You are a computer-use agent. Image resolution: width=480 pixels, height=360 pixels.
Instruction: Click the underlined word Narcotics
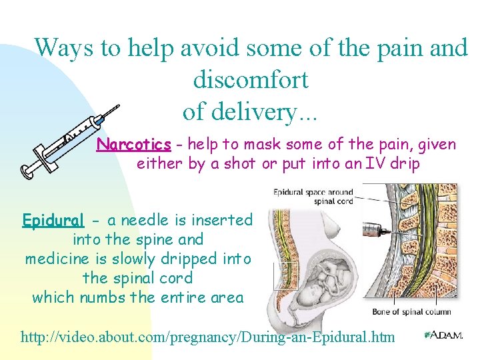pos(134,145)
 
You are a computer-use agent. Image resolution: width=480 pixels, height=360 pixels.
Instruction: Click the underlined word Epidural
pos(53,220)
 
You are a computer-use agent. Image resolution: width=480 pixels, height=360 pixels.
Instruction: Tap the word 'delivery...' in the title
pos(250,111)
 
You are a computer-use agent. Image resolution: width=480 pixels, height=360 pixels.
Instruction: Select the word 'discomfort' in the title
pos(250,80)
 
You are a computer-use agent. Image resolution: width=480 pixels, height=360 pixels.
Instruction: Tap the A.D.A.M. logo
pos(444,335)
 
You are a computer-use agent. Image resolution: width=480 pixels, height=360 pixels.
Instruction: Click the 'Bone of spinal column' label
pos(411,311)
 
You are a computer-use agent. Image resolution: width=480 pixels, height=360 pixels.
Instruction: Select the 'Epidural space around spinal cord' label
pos(313,197)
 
